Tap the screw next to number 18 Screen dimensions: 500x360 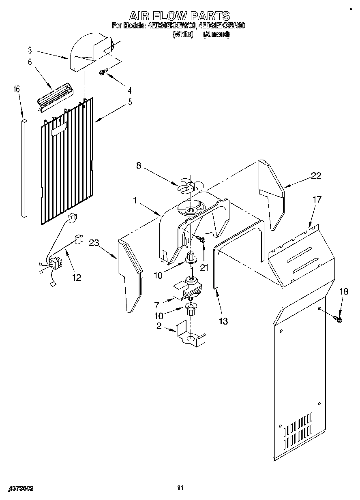(x=338, y=320)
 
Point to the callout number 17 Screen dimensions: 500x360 (x=317, y=199)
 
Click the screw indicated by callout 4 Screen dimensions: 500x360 (x=103, y=73)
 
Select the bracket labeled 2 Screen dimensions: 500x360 (x=191, y=335)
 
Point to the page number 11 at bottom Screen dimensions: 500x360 (x=180, y=488)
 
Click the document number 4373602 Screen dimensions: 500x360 (x=21, y=489)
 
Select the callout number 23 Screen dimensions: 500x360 (x=94, y=243)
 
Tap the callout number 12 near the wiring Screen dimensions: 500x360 (x=76, y=278)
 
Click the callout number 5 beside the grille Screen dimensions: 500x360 (x=130, y=102)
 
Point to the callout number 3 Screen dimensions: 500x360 (x=30, y=50)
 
